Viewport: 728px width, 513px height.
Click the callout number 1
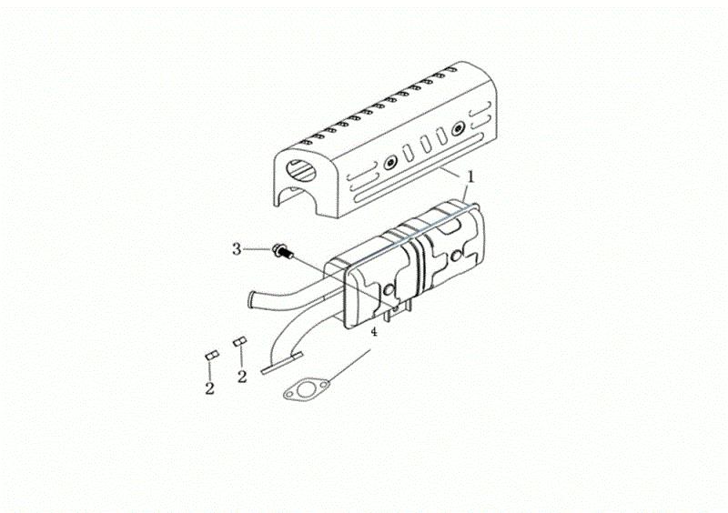click(x=470, y=176)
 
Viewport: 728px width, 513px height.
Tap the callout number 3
click(x=237, y=250)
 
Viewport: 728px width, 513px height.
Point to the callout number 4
click(x=374, y=332)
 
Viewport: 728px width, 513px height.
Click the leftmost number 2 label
click(x=210, y=388)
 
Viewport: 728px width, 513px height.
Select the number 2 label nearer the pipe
click(x=242, y=377)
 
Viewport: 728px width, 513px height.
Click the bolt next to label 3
click(x=282, y=252)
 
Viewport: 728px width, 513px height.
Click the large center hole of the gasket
click(x=306, y=390)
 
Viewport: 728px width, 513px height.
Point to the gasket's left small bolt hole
click(x=289, y=395)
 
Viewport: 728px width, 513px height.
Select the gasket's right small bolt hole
click(x=323, y=385)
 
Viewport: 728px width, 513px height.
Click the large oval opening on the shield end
click(x=301, y=171)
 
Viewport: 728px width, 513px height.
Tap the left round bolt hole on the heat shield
click(x=391, y=163)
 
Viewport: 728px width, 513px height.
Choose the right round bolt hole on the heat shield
click(x=460, y=127)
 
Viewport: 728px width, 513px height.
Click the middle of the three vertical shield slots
click(x=426, y=145)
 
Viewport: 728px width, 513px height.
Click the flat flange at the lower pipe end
click(x=282, y=363)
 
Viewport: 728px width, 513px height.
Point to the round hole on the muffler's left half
click(x=389, y=291)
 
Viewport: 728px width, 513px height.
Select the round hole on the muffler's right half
click(x=457, y=256)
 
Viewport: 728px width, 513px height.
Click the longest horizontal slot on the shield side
click(x=419, y=167)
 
